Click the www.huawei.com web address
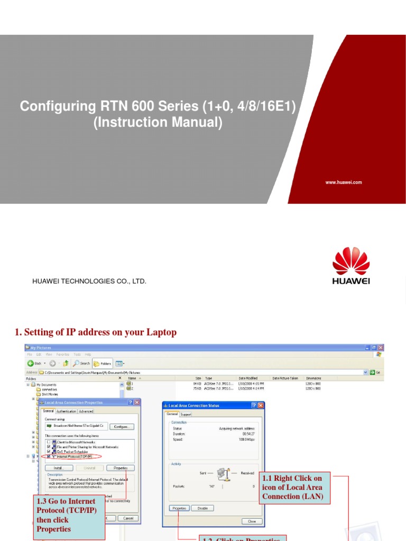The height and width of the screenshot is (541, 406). click(343, 182)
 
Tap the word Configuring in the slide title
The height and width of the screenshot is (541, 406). click(55, 106)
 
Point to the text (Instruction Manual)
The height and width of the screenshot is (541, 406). click(158, 122)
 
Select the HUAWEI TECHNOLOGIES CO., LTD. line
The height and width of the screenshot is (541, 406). click(89, 281)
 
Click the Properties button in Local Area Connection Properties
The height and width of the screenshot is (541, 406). click(121, 468)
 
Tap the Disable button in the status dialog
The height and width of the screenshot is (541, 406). click(202, 508)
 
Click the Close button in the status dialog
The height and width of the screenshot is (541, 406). click(252, 521)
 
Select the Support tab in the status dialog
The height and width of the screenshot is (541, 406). click(186, 414)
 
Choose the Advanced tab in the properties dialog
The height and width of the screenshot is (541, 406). click(86, 411)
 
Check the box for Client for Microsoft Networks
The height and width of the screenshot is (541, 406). click(49, 442)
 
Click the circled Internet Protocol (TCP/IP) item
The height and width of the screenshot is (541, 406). click(73, 456)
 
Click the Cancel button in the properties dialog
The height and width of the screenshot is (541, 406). click(128, 518)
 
